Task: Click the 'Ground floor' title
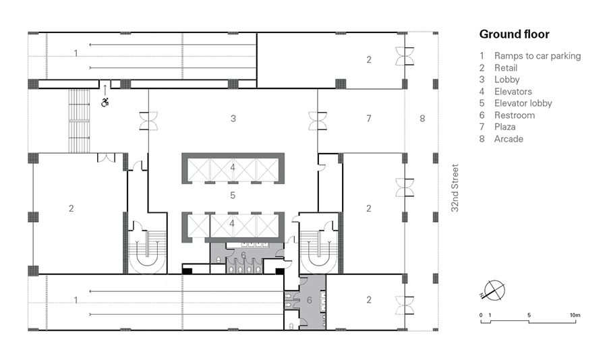tap(514, 34)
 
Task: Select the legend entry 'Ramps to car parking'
tap(537, 56)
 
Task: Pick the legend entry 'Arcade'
tap(509, 139)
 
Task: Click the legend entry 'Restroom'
tap(515, 115)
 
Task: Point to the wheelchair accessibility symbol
tap(105, 102)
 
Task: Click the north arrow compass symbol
tap(494, 290)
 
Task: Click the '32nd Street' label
tap(455, 189)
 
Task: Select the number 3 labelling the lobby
tap(233, 119)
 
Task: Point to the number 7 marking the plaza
tap(368, 119)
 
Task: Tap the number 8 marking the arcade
tap(422, 119)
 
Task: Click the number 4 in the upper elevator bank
tap(233, 167)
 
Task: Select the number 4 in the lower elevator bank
tap(233, 222)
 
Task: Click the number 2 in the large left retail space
tap(71, 208)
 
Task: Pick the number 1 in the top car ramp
tap(76, 53)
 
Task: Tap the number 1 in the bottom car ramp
tap(76, 299)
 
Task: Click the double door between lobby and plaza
tap(318, 121)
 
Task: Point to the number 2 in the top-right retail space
tap(368, 59)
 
